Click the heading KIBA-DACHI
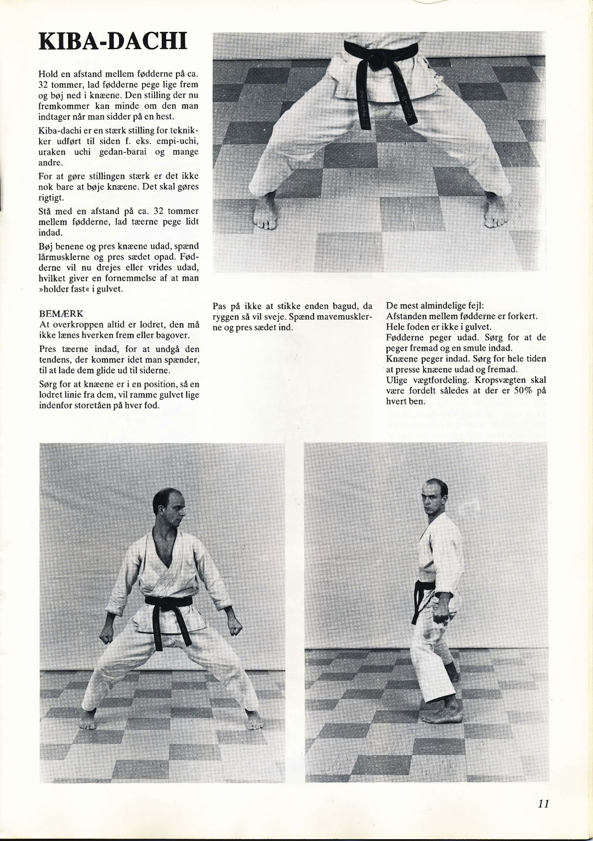pos(113,42)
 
